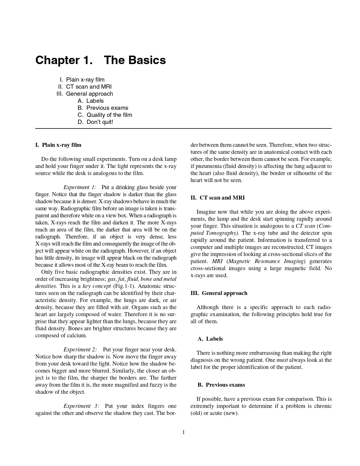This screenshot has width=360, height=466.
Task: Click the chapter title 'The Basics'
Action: (x=135, y=60)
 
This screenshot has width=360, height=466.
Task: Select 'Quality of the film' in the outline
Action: (x=109, y=115)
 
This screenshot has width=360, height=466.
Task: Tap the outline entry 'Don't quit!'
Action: (x=99, y=122)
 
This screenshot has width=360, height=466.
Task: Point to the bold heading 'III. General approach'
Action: (x=219, y=293)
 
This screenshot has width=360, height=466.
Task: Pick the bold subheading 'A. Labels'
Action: (x=210, y=339)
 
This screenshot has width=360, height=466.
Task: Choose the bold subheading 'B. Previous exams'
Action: (x=221, y=385)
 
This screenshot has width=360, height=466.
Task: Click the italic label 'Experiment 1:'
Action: (x=80, y=187)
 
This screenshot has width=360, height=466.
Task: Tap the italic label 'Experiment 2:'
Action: (x=80, y=349)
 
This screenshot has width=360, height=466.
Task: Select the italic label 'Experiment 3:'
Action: (x=81, y=406)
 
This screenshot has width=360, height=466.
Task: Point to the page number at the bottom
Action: (x=184, y=432)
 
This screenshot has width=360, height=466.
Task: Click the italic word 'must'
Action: (x=282, y=360)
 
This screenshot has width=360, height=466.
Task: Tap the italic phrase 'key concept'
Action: (x=97, y=286)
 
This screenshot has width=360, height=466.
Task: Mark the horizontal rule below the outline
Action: (x=184, y=128)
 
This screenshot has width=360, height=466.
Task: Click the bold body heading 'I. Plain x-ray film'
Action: (x=58, y=145)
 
